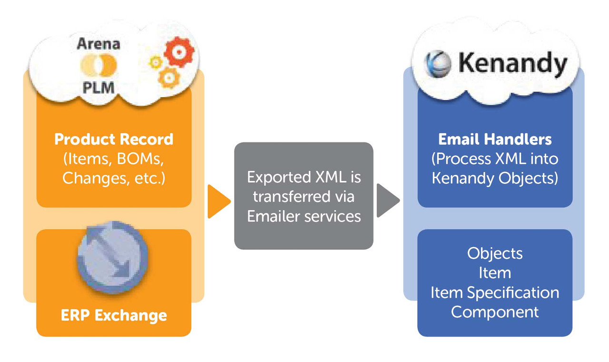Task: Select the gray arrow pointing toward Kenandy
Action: (x=388, y=201)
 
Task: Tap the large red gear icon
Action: (x=179, y=52)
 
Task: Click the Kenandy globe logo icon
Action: (x=438, y=64)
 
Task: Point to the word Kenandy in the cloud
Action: (x=513, y=64)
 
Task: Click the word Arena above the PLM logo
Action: (x=98, y=44)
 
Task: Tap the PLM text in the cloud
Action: (x=98, y=88)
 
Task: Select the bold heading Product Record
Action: (x=114, y=139)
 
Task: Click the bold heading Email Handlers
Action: (x=495, y=139)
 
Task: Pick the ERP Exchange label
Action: (x=114, y=315)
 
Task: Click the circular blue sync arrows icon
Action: (x=113, y=258)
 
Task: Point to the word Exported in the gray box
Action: (x=279, y=178)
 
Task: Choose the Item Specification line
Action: (x=495, y=292)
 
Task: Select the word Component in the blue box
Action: (x=495, y=312)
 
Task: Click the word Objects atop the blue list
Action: (x=495, y=254)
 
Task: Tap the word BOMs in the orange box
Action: (x=140, y=159)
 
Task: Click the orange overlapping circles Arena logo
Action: (x=98, y=65)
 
